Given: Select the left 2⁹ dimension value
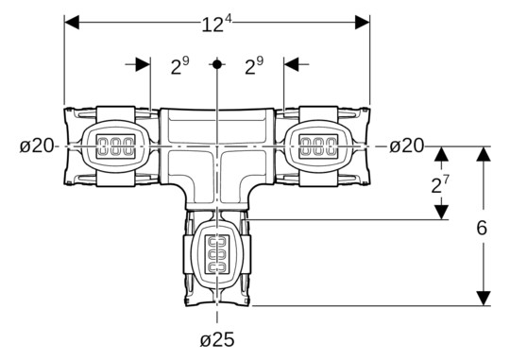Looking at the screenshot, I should (179, 66).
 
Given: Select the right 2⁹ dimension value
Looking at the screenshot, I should (254, 66).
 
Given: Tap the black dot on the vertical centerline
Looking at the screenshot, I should (217, 64).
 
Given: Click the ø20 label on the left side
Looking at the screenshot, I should (35, 146).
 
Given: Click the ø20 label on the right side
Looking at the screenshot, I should (407, 146).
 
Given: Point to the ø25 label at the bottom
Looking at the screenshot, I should (216, 339).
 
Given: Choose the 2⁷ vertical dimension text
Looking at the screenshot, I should (439, 184).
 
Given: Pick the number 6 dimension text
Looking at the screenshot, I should (483, 229).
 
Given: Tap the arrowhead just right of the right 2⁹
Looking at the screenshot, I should (291, 64).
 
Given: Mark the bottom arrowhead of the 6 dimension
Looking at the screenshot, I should (483, 298).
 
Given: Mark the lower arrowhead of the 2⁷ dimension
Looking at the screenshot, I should (439, 213).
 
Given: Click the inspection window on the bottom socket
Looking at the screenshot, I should (217, 253).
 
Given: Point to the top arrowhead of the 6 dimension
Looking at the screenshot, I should (483, 154).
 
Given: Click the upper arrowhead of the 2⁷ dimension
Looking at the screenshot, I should (439, 154).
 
